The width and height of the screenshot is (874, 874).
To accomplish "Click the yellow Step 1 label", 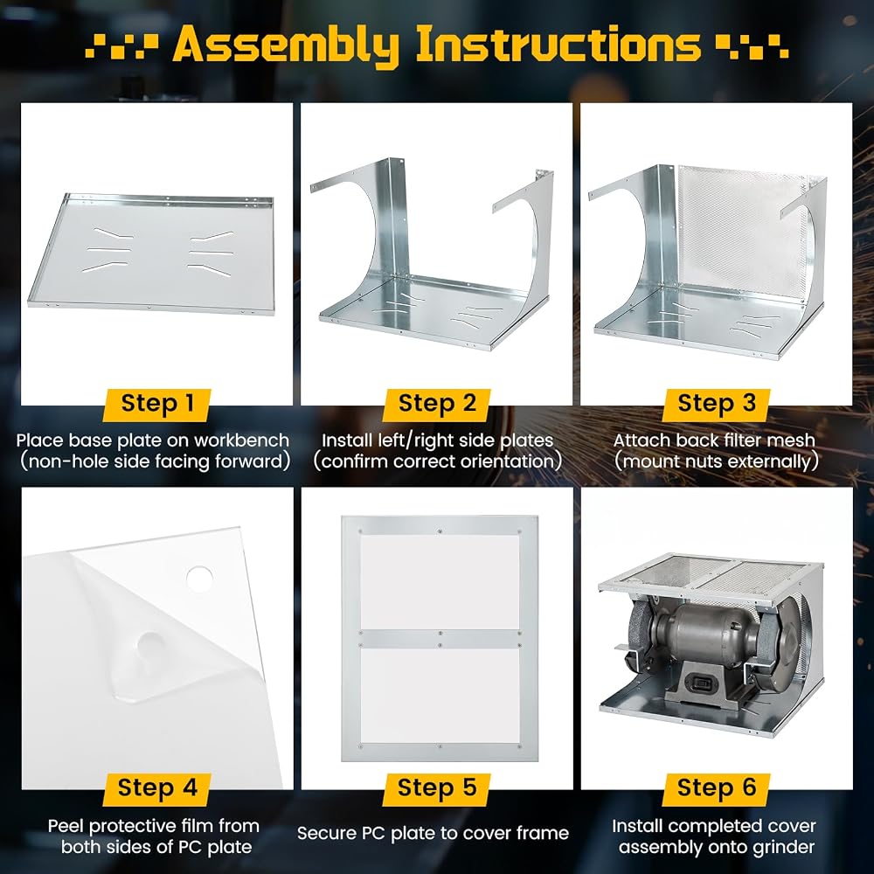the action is pyautogui.click(x=157, y=404).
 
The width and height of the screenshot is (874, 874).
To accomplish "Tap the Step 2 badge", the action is pyautogui.click(x=437, y=404).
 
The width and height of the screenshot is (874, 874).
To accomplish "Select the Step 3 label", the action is pyautogui.click(x=717, y=404).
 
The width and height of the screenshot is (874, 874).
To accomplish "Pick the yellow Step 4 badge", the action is pyautogui.click(x=157, y=788).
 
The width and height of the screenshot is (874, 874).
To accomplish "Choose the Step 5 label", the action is pyautogui.click(x=437, y=788).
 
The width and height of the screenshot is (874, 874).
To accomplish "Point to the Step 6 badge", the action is pyautogui.click(x=717, y=788).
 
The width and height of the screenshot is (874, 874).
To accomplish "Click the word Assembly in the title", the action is pyautogui.click(x=286, y=45).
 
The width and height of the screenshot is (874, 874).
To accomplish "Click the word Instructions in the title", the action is pyautogui.click(x=558, y=44).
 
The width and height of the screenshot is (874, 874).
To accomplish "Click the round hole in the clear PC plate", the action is pyautogui.click(x=199, y=578).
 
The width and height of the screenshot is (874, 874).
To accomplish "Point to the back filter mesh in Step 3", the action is pyautogui.click(x=741, y=228).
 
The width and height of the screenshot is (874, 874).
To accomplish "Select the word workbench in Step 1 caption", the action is pyautogui.click(x=242, y=440).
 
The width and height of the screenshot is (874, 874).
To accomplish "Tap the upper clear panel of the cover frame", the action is pyautogui.click(x=440, y=582).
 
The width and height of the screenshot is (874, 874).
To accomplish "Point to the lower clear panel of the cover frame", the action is pyautogui.click(x=440, y=696).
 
